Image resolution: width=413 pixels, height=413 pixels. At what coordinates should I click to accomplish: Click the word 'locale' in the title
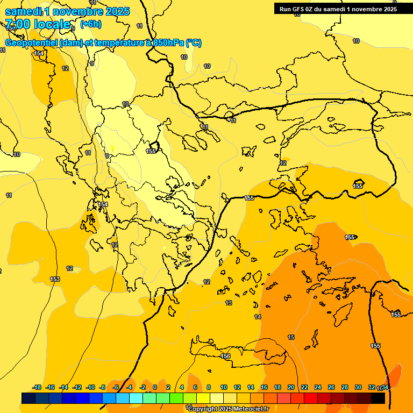[x=52, y=24]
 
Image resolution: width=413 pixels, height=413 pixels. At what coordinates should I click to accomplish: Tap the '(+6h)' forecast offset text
[x=90, y=24]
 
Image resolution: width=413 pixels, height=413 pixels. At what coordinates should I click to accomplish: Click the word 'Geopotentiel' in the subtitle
[x=32, y=43]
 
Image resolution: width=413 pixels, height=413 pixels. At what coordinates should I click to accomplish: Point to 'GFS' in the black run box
[x=298, y=9]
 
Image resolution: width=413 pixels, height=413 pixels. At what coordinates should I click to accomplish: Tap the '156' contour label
[x=225, y=356]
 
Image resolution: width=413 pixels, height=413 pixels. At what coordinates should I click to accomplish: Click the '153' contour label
[x=55, y=279]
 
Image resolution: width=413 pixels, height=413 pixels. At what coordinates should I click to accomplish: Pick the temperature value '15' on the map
[x=291, y=337]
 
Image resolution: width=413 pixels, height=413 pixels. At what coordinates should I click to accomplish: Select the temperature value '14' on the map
[x=258, y=317]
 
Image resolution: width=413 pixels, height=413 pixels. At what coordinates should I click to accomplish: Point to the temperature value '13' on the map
[x=229, y=303]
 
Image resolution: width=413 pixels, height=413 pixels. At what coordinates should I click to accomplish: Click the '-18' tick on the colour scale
[x=37, y=387]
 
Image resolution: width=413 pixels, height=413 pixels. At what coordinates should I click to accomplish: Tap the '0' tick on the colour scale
[x=155, y=387]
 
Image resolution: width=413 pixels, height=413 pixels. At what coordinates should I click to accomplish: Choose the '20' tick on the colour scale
[x=291, y=387]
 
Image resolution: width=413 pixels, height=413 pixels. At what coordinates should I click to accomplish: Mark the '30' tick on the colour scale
[x=358, y=387]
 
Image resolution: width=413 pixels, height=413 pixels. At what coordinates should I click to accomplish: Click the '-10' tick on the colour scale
[x=91, y=387]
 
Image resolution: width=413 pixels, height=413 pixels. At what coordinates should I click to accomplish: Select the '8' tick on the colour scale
[x=209, y=387]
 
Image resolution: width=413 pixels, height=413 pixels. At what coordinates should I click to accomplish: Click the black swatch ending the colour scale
[x=378, y=398]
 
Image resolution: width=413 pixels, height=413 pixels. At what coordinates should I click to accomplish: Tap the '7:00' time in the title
[x=18, y=24]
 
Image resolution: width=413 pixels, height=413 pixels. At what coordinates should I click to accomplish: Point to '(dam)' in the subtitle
[x=72, y=43]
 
